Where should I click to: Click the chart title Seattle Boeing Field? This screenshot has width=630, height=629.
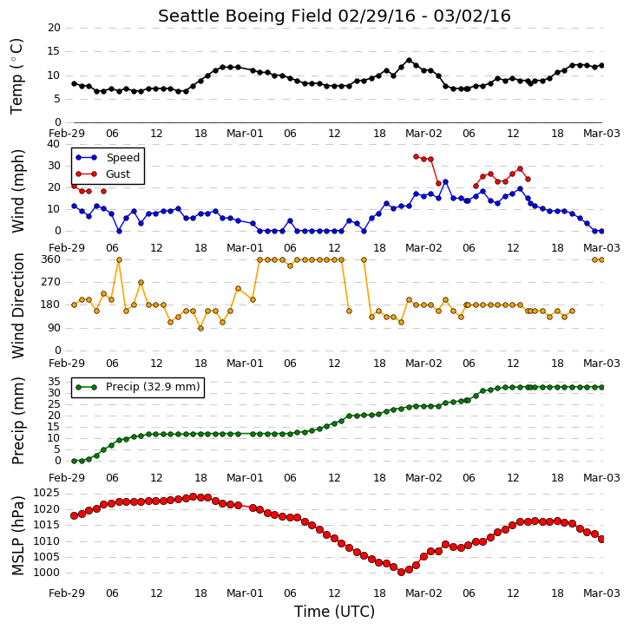tap(246, 16)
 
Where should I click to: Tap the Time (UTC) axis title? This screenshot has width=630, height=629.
tap(334, 612)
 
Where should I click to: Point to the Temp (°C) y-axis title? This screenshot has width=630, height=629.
tap(16, 76)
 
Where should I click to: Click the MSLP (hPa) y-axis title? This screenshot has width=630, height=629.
tap(18, 535)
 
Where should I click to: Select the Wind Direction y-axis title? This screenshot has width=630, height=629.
tap(18, 305)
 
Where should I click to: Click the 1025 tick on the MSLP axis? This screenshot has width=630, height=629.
tap(46, 493)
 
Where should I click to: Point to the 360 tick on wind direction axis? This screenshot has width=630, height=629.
tap(51, 259)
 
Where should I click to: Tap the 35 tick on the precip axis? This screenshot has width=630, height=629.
tap(55, 382)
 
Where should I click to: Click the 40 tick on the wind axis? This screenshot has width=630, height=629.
tap(54, 144)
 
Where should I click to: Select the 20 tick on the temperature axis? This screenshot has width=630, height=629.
tap(54, 28)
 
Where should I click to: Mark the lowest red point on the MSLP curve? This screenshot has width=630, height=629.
tap(401, 572)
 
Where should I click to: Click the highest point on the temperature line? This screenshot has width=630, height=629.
tap(409, 61)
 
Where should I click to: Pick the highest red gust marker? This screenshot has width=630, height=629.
tap(417, 157)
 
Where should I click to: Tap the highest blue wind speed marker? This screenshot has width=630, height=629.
tap(445, 182)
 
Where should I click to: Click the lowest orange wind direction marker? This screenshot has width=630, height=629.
tap(201, 328)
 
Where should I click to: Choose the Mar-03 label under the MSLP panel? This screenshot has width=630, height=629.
tap(601, 593)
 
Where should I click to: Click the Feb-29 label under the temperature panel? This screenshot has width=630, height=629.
tap(67, 133)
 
